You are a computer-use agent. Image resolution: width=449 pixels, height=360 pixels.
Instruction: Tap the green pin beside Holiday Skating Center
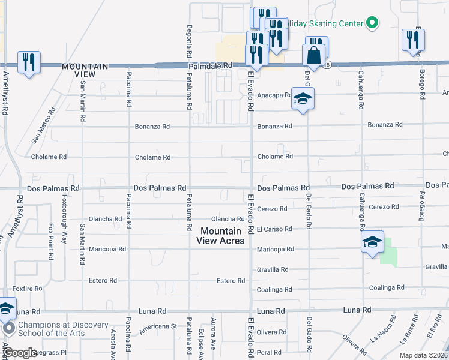372,23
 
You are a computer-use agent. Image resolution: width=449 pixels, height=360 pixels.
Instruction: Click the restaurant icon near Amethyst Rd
29,62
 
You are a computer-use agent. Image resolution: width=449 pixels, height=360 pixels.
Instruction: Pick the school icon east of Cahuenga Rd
372,242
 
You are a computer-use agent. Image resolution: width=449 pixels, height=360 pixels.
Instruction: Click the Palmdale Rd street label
209,65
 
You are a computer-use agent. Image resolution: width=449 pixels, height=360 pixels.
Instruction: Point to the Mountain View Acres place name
221,236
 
